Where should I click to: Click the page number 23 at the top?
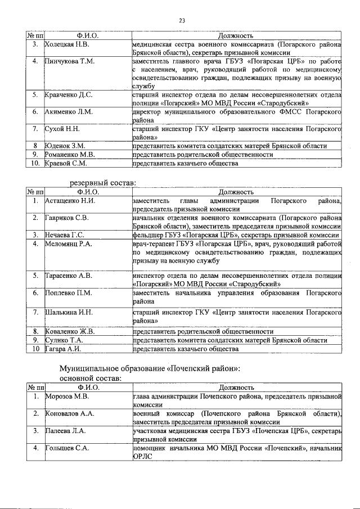182,21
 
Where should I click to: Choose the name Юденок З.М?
65,146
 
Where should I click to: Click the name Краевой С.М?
66,163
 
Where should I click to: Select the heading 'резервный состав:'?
103,183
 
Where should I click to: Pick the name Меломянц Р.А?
69,244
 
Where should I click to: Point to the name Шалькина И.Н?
69,312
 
